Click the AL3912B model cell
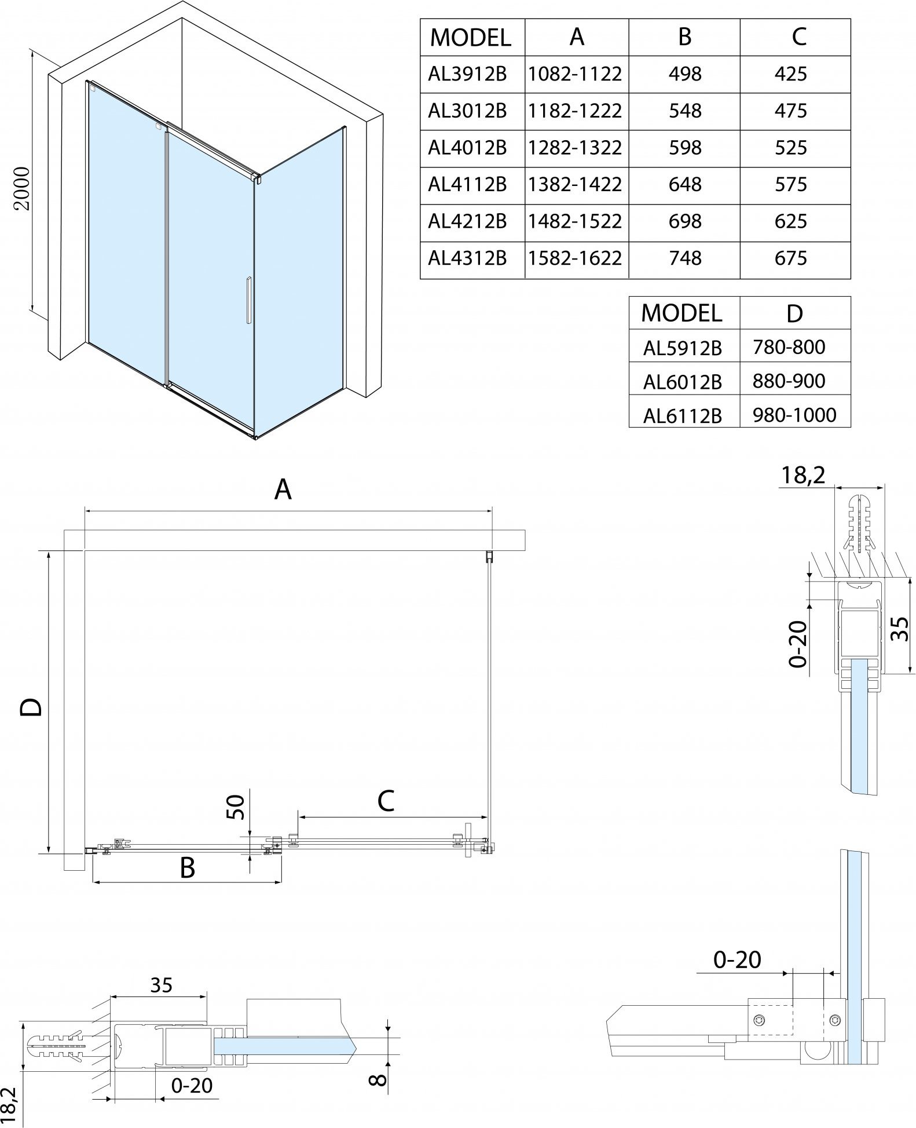[467, 74]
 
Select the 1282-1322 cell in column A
[575, 148]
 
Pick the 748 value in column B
[685, 258]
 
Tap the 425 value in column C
[790, 74]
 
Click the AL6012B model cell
[682, 382]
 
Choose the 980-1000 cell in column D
[794, 415]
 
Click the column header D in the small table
[794, 313]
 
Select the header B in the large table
[684, 37]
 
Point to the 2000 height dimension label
[22, 189]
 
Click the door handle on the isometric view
[248, 300]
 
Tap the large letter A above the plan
[283, 490]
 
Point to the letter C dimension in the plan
[386, 801]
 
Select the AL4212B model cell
[467, 221]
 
